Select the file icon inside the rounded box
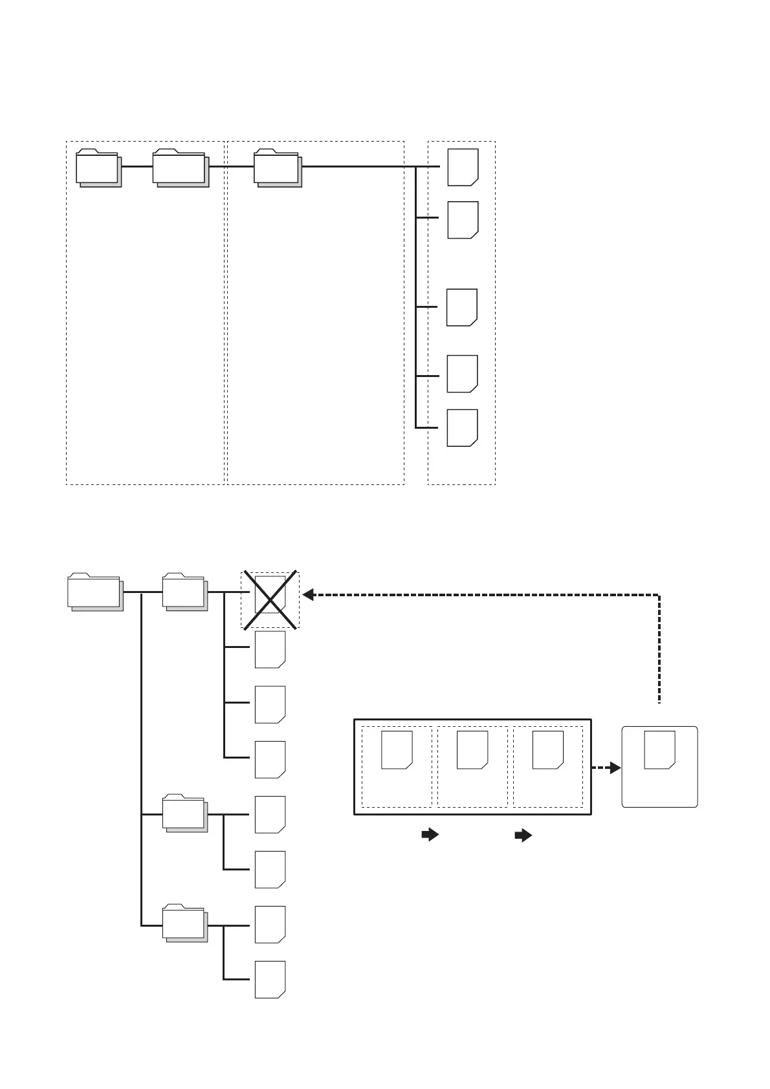tap(659, 750)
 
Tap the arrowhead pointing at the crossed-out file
tap(309, 594)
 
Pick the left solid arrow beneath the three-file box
tap(430, 835)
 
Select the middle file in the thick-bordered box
tap(472, 750)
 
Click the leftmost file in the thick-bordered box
tap(397, 750)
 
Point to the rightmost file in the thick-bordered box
tap(548, 750)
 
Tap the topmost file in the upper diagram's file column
tap(463, 167)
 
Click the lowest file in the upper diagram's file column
tap(463, 427)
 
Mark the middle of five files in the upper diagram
tap(462, 307)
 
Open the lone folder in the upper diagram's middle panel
tap(277, 167)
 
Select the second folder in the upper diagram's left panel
tap(180, 167)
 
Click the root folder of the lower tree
tap(94, 592)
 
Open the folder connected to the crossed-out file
tap(184, 591)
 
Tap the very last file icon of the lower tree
tap(270, 979)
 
